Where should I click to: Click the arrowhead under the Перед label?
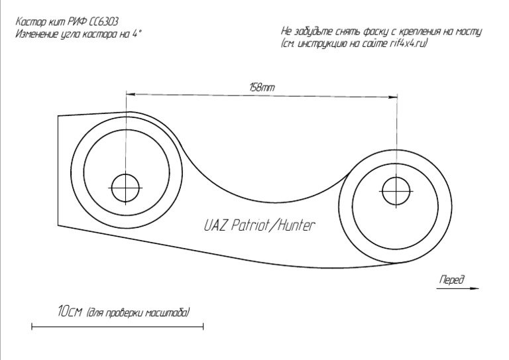475,288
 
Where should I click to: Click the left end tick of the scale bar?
32,326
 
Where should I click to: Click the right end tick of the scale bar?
203,326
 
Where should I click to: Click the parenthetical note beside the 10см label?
139,312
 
